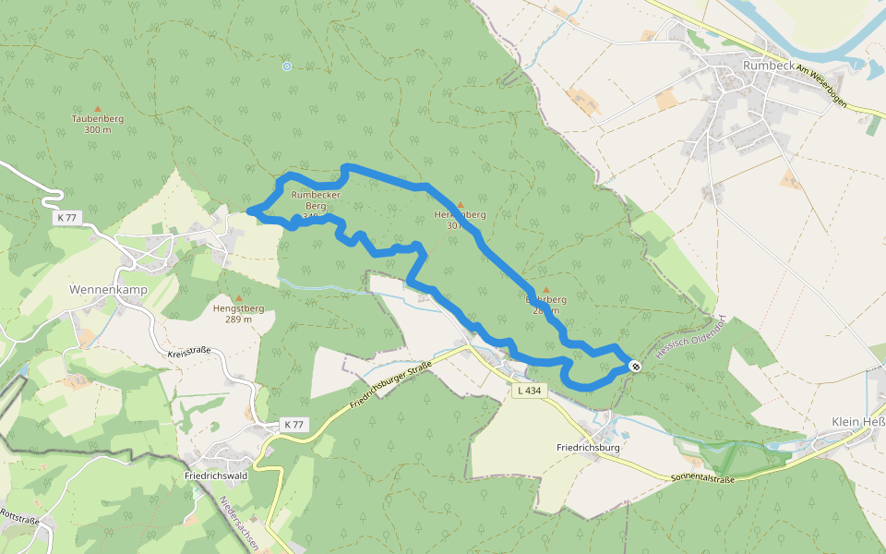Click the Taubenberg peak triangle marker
97,109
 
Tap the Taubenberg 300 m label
97,124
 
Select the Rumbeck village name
768,66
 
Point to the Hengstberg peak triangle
238,298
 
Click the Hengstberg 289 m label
238,314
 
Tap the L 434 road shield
529,391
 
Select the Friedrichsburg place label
588,447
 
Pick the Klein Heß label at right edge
857,422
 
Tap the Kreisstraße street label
189,353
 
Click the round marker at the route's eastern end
635,367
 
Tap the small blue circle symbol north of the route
287,66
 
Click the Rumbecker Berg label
317,201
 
